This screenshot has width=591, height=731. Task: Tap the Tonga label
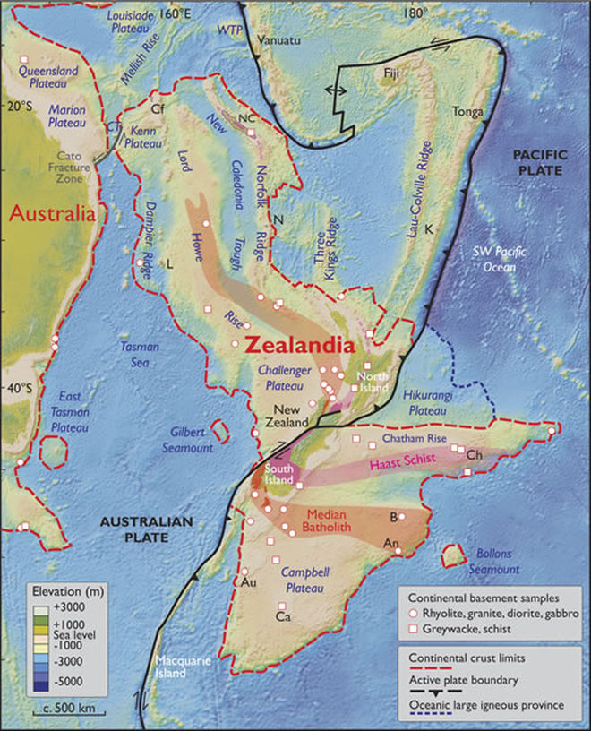click(x=467, y=111)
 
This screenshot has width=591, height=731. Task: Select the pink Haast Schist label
click(x=400, y=465)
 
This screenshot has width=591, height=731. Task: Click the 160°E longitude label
click(x=175, y=13)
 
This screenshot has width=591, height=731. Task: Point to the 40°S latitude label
click(x=21, y=388)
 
